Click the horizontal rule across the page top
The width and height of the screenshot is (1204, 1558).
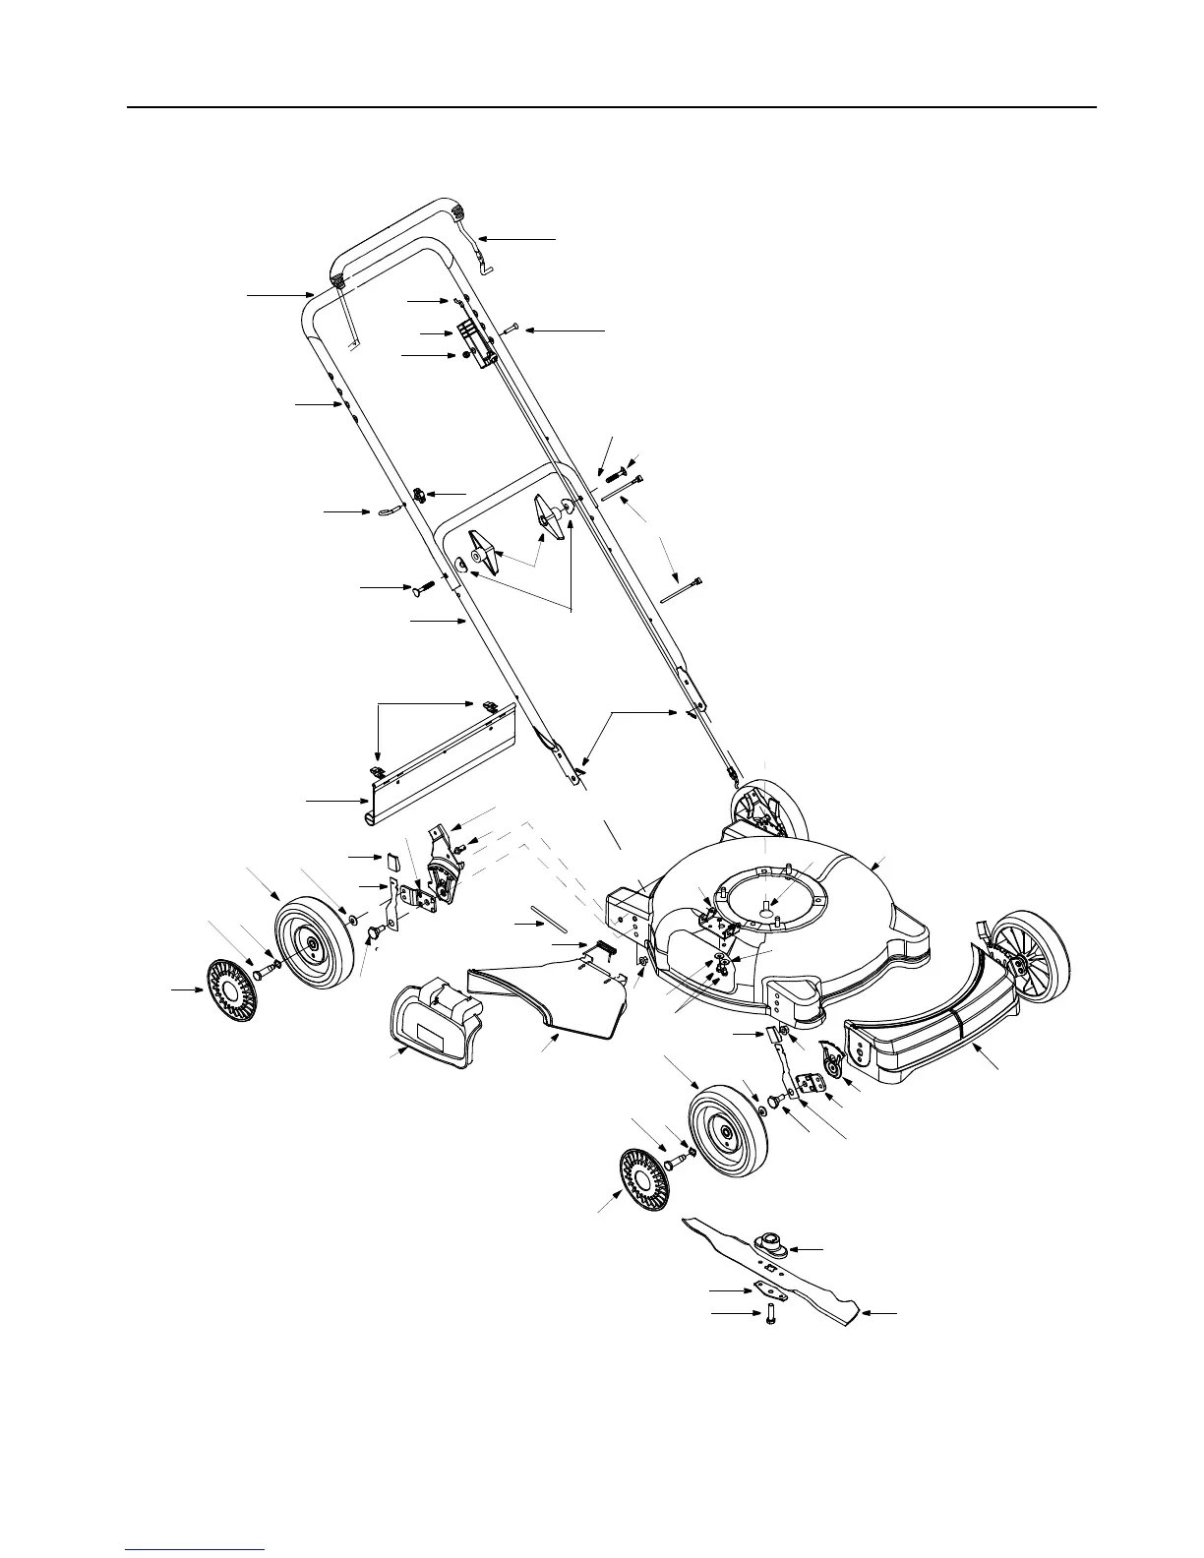point(610,106)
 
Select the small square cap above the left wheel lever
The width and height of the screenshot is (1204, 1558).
point(392,861)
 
